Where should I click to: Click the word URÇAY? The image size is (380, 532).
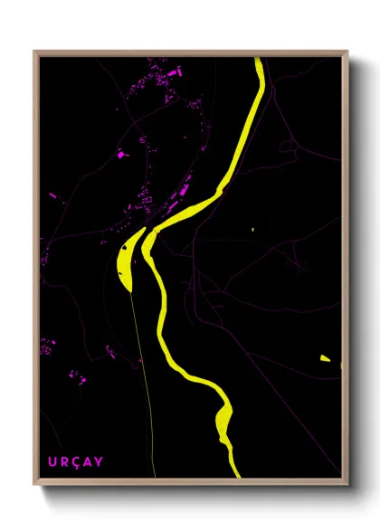pyautogui.click(x=76, y=462)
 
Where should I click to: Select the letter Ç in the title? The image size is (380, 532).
pyautogui.click(x=76, y=462)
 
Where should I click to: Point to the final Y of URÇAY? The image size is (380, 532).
pyautogui.click(x=99, y=462)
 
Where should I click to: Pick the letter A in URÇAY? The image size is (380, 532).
pyautogui.click(x=88, y=462)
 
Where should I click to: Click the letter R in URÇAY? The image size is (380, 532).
pyautogui.click(x=64, y=462)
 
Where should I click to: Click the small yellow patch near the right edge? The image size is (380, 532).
pyautogui.click(x=325, y=358)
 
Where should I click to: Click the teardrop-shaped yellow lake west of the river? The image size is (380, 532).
pyautogui.click(x=128, y=258)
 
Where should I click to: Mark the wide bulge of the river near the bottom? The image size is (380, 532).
pyautogui.click(x=224, y=418)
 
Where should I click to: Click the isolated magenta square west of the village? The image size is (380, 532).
pyautogui.click(x=120, y=155)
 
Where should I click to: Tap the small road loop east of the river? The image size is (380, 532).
pyautogui.click(x=288, y=145)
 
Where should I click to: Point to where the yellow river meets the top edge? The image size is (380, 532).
pyautogui.click(x=259, y=60)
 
